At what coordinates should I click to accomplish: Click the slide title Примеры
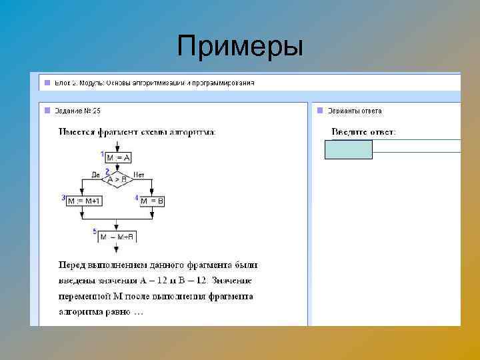click(x=240, y=47)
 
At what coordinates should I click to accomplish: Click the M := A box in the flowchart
click(x=118, y=157)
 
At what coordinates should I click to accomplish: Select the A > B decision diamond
click(x=117, y=179)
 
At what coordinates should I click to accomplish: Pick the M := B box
click(x=152, y=201)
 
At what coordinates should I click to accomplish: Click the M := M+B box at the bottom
click(x=117, y=236)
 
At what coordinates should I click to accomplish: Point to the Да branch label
click(x=95, y=175)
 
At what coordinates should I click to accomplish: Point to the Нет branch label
click(x=139, y=175)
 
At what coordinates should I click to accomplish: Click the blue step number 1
click(x=103, y=154)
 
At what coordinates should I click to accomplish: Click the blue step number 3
click(x=63, y=197)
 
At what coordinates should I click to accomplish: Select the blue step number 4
click(x=136, y=197)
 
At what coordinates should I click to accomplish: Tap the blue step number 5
click(x=95, y=231)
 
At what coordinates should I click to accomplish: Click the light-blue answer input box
click(x=348, y=150)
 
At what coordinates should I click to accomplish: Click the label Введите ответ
click(x=363, y=132)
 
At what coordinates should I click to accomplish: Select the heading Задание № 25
click(x=79, y=111)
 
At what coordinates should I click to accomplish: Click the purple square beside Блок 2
click(x=47, y=83)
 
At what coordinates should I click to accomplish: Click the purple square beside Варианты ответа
click(x=319, y=110)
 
